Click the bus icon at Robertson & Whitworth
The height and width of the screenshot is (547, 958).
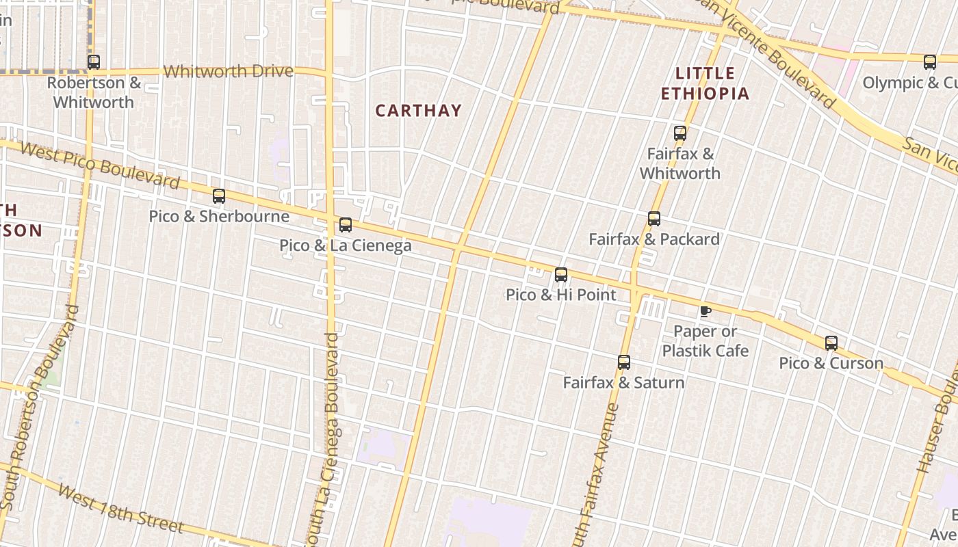[x=94, y=62]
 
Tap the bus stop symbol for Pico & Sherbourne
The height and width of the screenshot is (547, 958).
[x=219, y=196]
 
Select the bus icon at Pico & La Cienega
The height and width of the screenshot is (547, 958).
[x=346, y=225]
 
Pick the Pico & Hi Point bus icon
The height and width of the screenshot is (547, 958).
[x=561, y=275]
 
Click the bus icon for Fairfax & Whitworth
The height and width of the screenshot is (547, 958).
[x=680, y=133]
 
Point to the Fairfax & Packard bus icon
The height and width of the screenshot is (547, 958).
[x=654, y=219]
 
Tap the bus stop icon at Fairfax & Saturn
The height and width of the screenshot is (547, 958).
[x=624, y=362]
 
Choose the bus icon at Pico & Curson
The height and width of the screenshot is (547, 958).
[x=831, y=343]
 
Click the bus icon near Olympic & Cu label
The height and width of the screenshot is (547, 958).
[x=930, y=62]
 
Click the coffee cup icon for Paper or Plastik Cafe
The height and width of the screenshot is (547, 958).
[x=705, y=312]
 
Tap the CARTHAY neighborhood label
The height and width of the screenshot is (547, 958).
[x=418, y=110]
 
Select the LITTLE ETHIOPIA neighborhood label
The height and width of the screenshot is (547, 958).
[x=705, y=83]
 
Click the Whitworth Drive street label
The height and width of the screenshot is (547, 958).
[x=228, y=71]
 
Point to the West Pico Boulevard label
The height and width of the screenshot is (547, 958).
[x=99, y=165]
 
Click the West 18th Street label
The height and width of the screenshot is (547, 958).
[x=120, y=509]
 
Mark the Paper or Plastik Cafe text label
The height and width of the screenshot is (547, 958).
[x=705, y=341]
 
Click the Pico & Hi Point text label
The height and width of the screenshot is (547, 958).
[x=561, y=295]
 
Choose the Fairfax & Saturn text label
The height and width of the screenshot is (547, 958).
[x=623, y=382]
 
